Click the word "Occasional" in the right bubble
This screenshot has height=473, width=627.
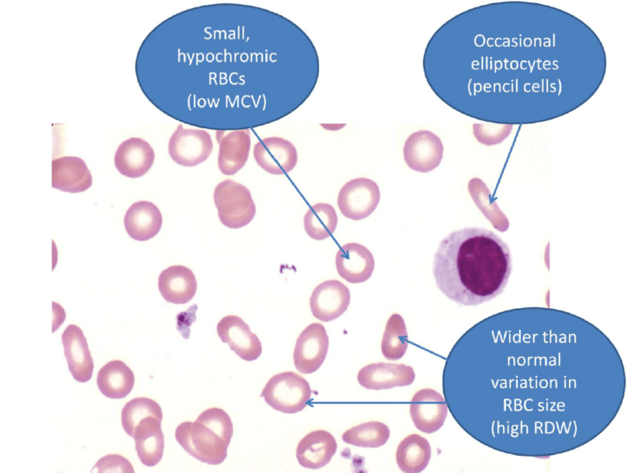514,40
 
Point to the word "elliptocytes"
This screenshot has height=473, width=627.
514,63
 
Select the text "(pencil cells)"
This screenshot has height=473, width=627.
514,86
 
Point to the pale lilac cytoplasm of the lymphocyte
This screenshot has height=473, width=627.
444,282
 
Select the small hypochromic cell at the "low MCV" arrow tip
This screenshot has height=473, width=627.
356,262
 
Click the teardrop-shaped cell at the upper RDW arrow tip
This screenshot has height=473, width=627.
394,337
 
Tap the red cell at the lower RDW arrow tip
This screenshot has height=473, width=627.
288,391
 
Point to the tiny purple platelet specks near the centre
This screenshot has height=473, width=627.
286,267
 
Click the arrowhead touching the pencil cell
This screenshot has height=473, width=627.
491,199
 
